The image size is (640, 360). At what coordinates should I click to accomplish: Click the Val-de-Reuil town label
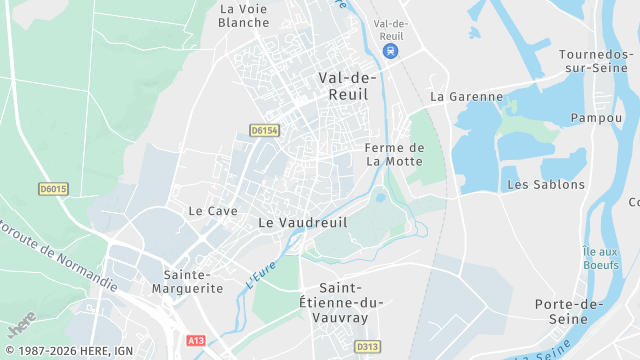[x=347, y=85]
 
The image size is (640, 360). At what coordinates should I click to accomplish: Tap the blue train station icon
[x=391, y=51]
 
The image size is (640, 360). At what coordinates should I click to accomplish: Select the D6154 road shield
[x=264, y=130]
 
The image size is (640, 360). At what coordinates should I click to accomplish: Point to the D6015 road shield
[x=53, y=188]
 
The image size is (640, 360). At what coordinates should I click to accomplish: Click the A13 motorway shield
[x=196, y=341]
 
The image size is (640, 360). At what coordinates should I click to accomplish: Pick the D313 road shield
[x=367, y=347]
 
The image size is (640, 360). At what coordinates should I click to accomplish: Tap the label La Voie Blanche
[x=243, y=15]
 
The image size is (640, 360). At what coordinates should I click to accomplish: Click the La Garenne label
[x=466, y=97]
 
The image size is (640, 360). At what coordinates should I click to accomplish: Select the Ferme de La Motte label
[x=394, y=154]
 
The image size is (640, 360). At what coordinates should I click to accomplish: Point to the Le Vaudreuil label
[x=303, y=223]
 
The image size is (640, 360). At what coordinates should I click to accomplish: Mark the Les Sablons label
[x=546, y=185]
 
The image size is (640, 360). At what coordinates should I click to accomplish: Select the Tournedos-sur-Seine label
[x=596, y=61]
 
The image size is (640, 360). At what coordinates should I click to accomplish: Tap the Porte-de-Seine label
[x=568, y=311]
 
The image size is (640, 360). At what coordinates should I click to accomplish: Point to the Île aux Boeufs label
[x=600, y=258]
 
